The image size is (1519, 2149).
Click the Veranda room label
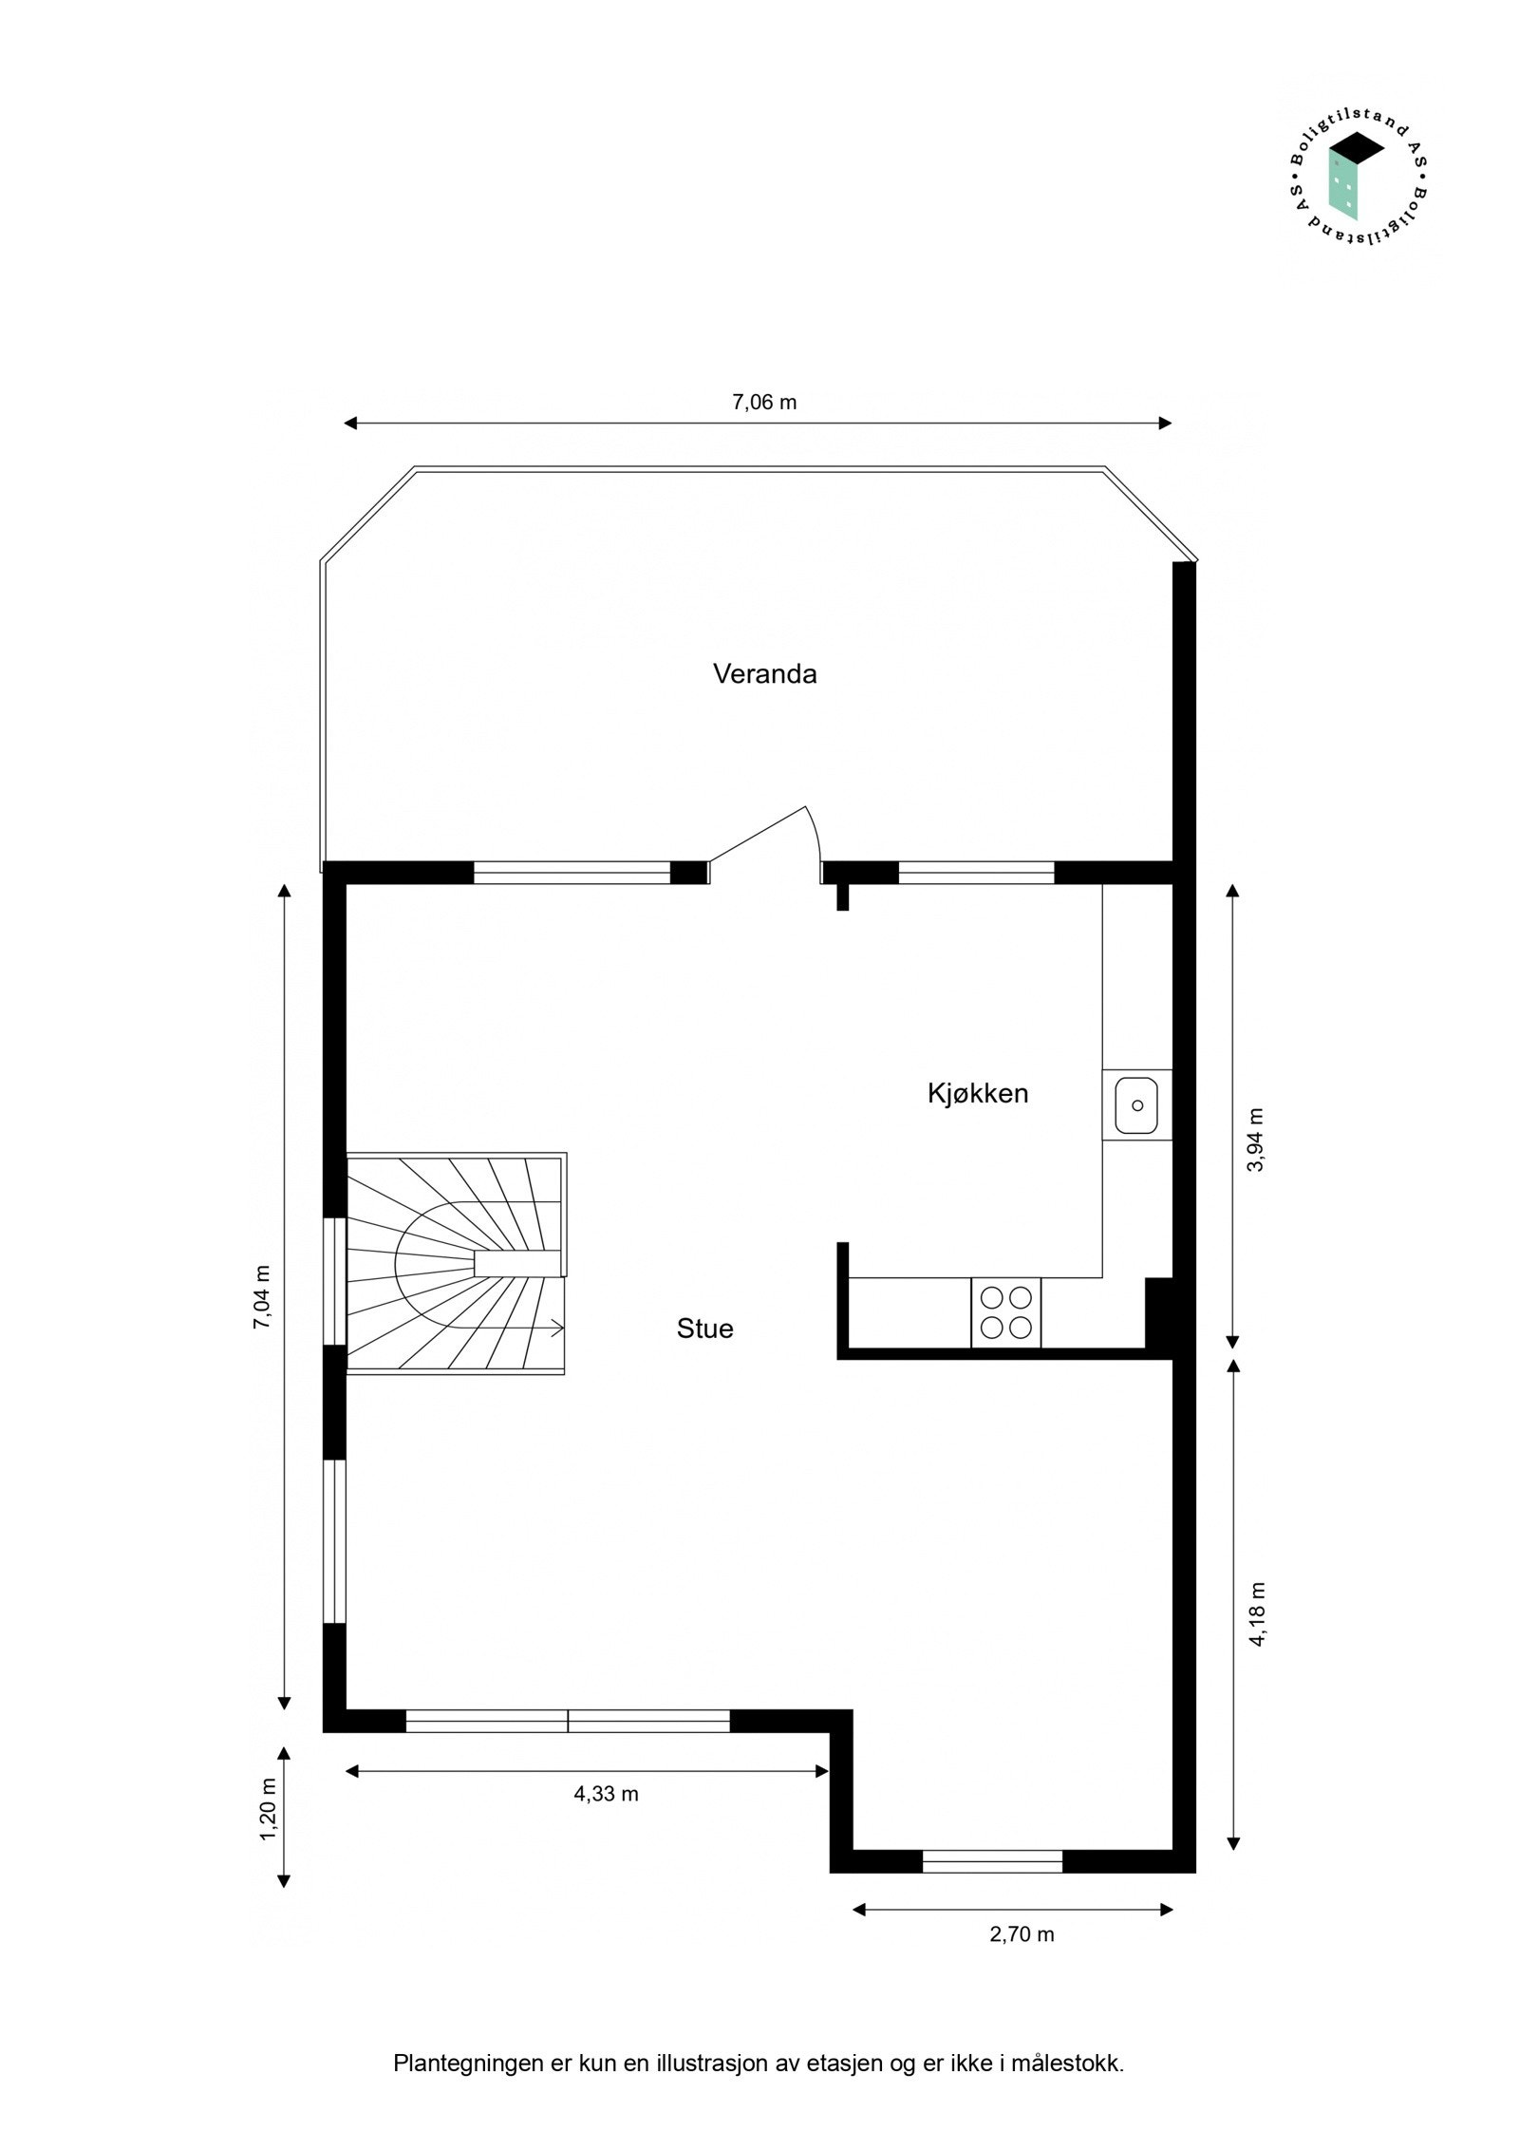(764, 674)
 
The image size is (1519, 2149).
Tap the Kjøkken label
(977, 1093)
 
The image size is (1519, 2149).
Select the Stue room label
(704, 1329)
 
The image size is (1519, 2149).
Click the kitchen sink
(1135, 1104)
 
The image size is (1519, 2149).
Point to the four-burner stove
(1005, 1312)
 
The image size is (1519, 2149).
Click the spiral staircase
(456, 1264)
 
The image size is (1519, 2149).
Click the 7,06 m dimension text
(763, 403)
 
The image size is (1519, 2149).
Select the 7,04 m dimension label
(262, 1296)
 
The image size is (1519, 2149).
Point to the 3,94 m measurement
(1255, 1140)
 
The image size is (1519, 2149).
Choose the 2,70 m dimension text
(1022, 1934)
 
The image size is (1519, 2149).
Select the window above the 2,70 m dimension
(991, 1861)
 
